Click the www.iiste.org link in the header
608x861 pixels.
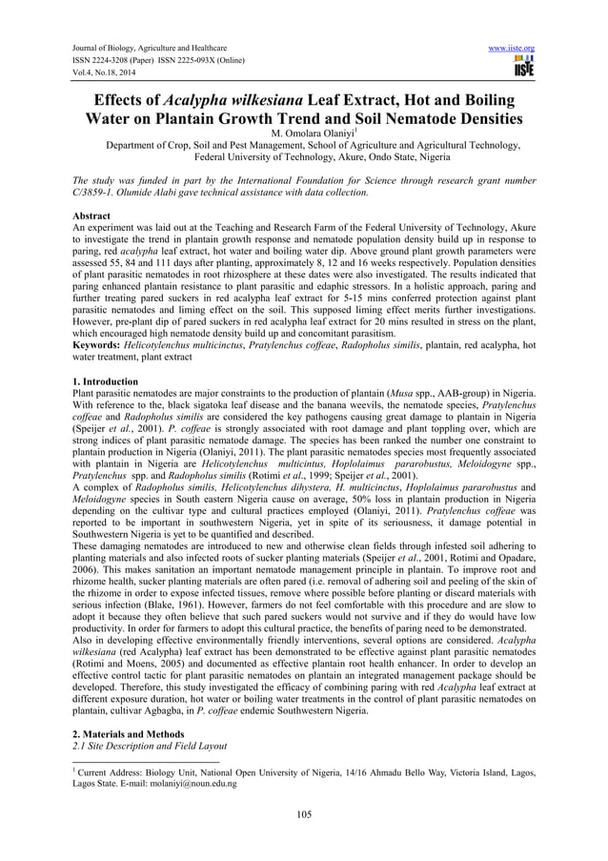click(x=512, y=48)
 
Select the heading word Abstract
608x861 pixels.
click(x=92, y=216)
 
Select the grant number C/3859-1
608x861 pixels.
click(x=102, y=193)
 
